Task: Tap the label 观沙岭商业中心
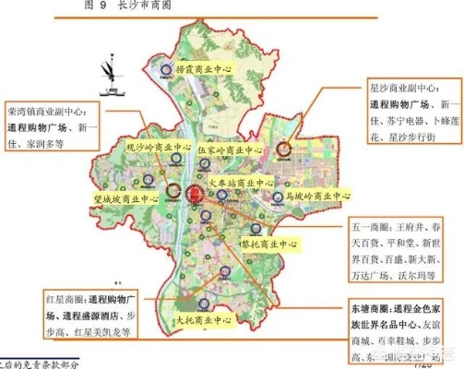[158, 146]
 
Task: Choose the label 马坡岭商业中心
[317, 196]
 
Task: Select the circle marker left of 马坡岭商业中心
[278, 196]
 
